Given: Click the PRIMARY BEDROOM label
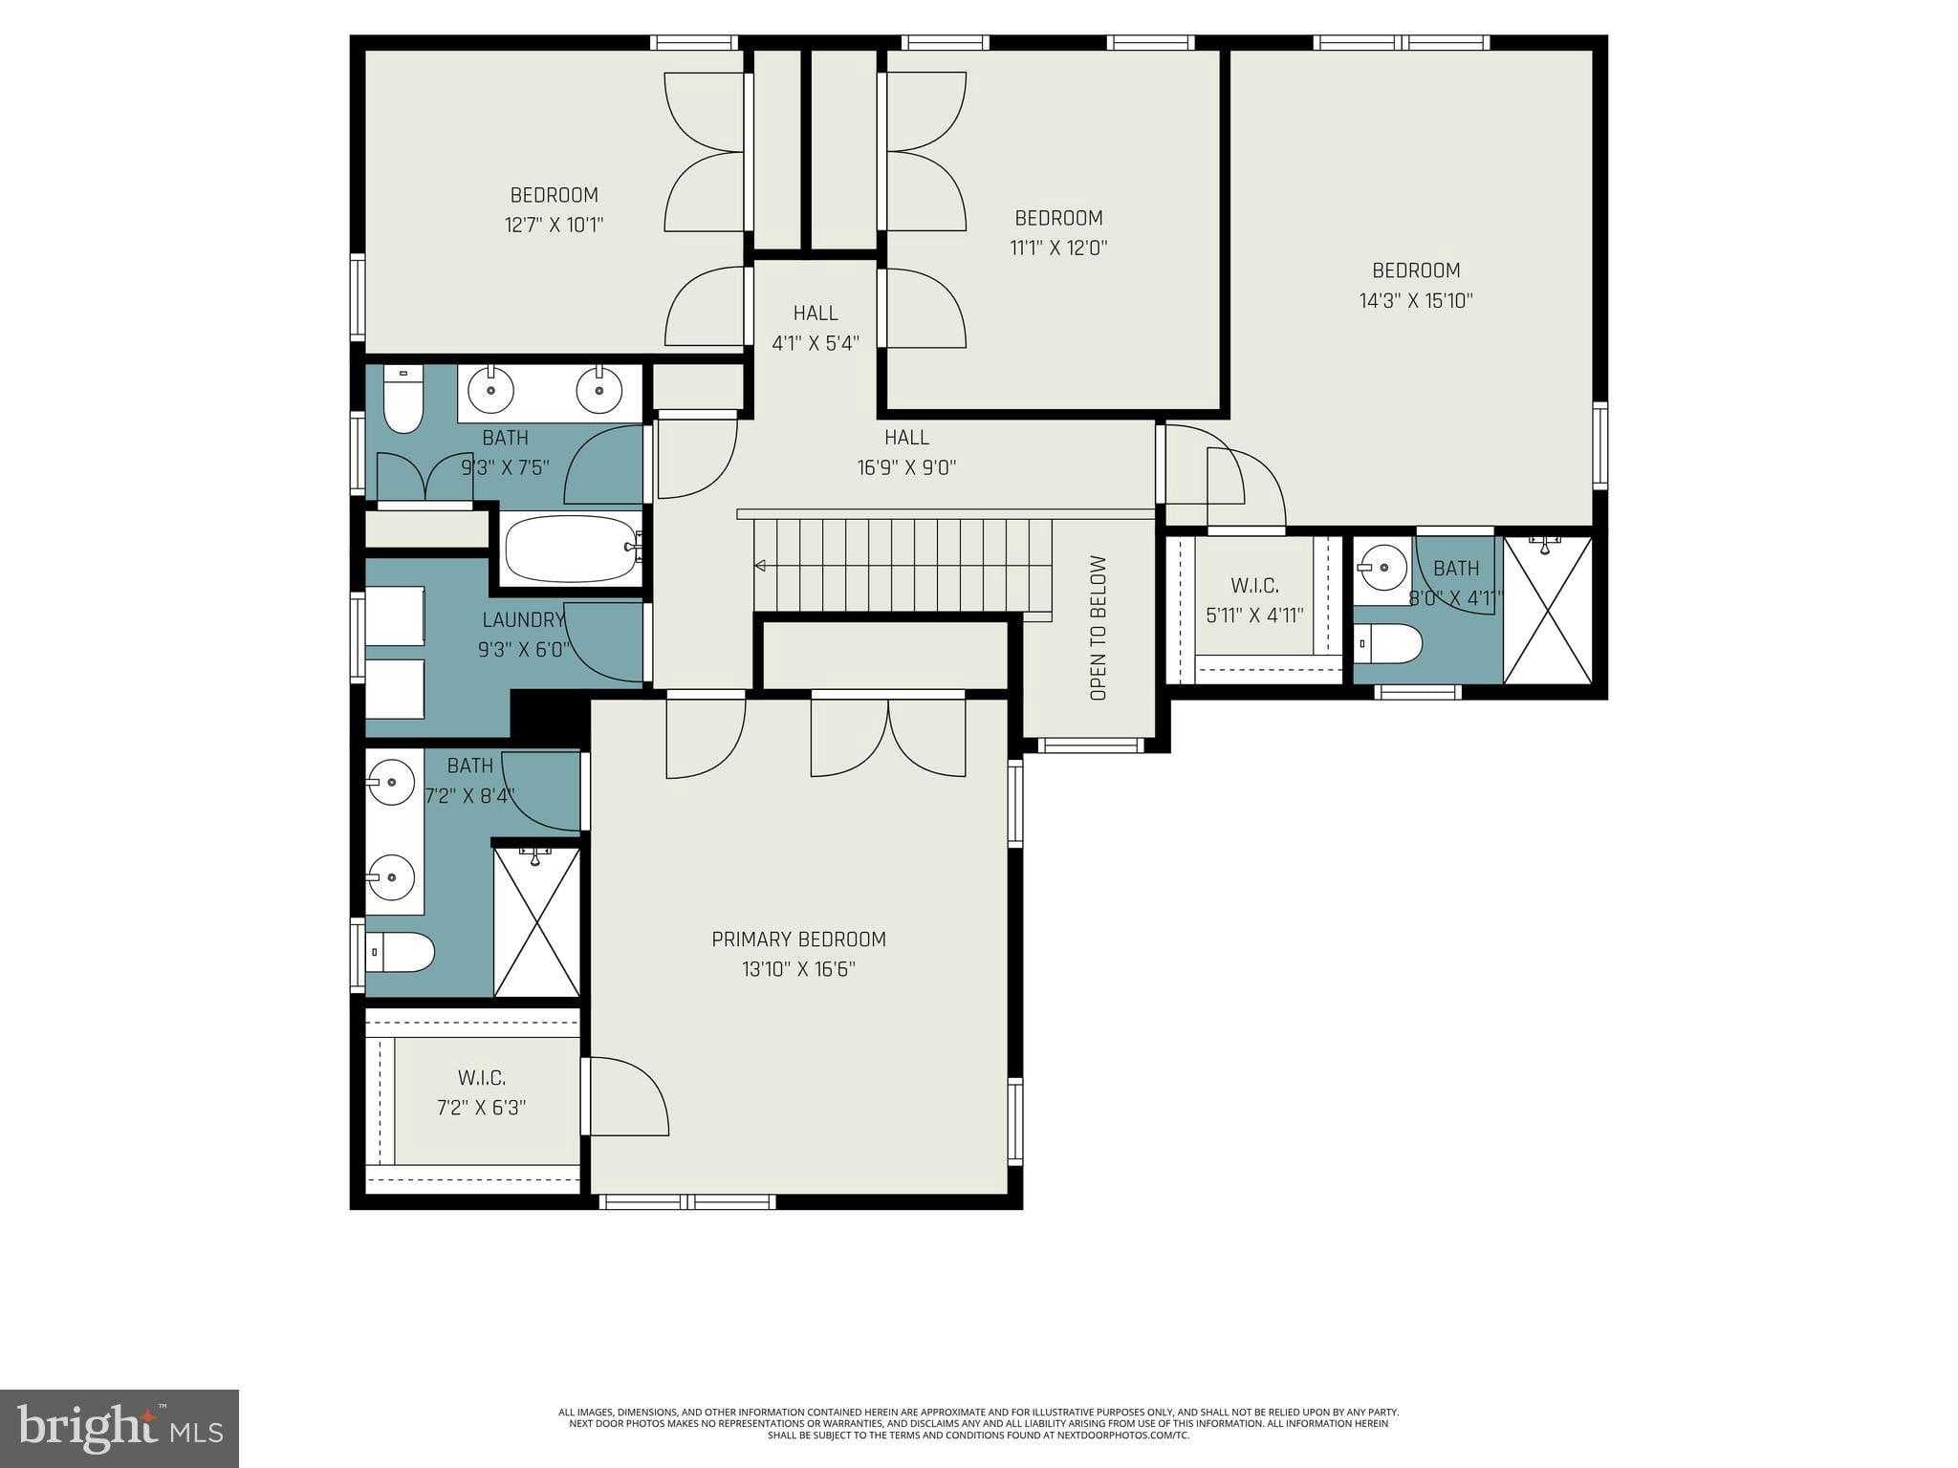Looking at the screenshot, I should tap(798, 939).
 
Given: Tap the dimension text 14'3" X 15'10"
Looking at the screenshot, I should tap(1415, 301).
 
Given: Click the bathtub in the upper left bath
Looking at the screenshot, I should tap(571, 550).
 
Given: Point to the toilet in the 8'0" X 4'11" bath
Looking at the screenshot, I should tap(1388, 643).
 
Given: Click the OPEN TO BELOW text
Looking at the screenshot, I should tap(1098, 628).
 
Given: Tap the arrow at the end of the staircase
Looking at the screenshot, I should tap(760, 566).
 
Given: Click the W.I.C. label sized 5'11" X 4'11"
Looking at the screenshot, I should tap(1254, 586).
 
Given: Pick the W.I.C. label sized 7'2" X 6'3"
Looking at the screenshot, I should tap(481, 1078).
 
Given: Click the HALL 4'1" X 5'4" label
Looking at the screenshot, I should tap(816, 313).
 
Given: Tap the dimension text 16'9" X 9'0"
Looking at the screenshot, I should tap(906, 468).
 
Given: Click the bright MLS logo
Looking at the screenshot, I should tap(120, 1428).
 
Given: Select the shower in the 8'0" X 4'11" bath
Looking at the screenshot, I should tap(1548, 611).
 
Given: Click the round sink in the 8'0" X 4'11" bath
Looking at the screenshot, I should tap(1382, 568).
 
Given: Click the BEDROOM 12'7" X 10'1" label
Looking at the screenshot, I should tap(554, 195).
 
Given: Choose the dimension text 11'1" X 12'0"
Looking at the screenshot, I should tap(1057, 248).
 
